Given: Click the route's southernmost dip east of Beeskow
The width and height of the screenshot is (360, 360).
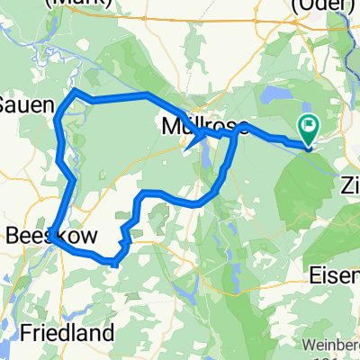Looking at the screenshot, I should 113,263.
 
